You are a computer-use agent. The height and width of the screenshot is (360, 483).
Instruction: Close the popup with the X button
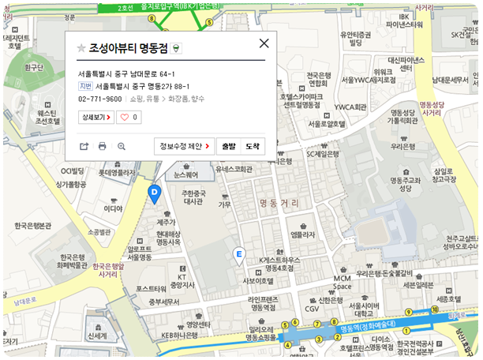264,44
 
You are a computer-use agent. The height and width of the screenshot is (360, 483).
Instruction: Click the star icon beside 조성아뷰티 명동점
81,48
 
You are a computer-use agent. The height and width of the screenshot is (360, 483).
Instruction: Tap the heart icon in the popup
129,117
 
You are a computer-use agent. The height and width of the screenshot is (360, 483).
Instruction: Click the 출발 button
228,146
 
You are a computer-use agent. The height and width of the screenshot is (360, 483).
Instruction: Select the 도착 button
252,146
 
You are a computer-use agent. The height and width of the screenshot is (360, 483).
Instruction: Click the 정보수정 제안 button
184,146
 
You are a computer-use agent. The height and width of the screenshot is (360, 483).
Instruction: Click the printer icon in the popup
103,146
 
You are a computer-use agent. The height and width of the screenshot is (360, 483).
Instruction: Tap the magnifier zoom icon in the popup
122,146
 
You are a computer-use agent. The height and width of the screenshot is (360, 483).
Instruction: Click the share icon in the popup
84,146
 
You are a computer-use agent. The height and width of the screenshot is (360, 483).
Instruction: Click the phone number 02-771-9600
100,99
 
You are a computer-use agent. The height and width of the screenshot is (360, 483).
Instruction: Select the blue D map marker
155,193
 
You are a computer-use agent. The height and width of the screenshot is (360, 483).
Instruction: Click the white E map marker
239,254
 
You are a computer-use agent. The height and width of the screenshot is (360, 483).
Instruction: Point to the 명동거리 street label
279,204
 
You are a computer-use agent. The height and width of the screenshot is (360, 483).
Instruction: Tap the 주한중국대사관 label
193,197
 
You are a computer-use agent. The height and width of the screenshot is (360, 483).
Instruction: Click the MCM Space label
342,283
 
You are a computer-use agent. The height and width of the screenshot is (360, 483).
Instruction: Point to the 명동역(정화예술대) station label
367,323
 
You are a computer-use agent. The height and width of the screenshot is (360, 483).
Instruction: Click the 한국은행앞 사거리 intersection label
108,271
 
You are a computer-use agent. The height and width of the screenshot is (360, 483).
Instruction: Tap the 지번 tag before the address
85,86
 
